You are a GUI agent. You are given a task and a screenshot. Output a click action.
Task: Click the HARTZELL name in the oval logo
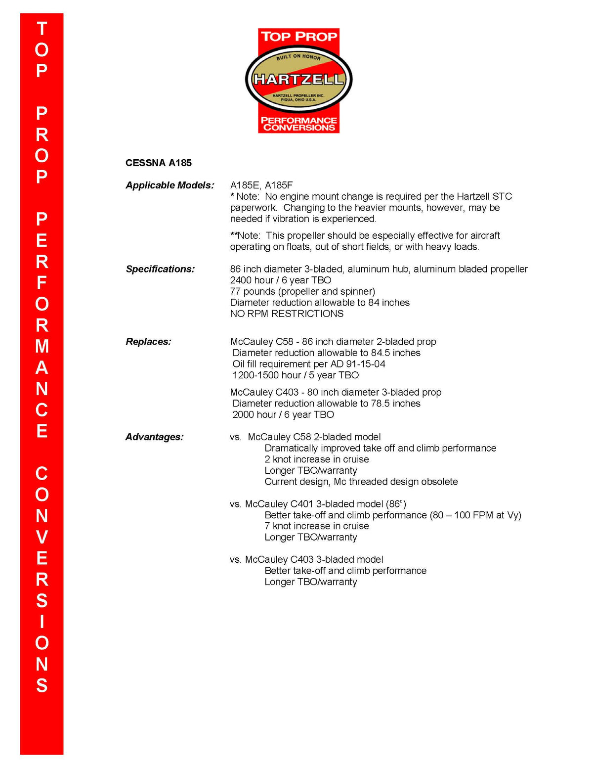[x=298, y=80]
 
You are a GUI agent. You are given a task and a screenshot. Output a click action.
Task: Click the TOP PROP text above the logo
[x=298, y=37]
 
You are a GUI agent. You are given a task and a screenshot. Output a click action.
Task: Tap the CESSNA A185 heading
[x=159, y=163]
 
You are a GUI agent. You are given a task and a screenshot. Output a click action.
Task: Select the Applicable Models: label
[x=170, y=185]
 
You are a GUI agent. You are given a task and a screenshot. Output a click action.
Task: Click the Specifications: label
[x=160, y=269]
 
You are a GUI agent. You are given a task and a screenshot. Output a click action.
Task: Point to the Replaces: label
[x=148, y=342]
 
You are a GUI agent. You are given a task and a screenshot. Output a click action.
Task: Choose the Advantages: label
[x=154, y=437]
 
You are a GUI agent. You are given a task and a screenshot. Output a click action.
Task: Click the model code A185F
[x=279, y=185]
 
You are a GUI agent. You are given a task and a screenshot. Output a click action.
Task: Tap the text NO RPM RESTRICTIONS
[x=287, y=314]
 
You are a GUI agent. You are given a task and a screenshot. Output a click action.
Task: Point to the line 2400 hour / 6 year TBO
[x=281, y=280]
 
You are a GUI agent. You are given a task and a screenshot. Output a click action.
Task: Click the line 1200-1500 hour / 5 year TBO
[x=296, y=375]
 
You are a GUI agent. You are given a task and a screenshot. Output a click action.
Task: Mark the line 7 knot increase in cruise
[x=317, y=526]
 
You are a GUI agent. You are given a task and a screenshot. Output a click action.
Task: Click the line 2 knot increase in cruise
[x=317, y=459]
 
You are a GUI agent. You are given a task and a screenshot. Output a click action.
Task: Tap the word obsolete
[x=439, y=482]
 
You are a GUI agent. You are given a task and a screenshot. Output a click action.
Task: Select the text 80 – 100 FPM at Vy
[x=475, y=515]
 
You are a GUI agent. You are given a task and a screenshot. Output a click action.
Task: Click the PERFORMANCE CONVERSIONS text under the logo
[x=298, y=124]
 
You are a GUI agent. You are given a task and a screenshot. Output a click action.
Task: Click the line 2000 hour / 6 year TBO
[x=283, y=415]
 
